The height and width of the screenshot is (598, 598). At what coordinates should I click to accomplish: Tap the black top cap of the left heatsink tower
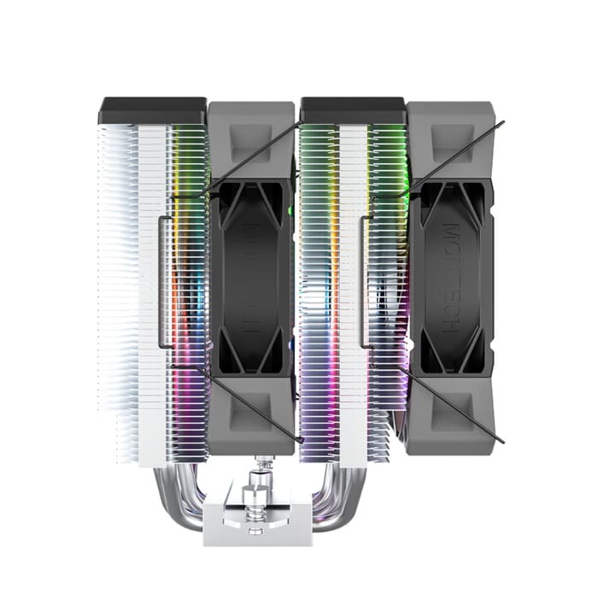click(x=153, y=110)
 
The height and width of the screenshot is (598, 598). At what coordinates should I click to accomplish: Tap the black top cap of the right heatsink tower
click(x=352, y=110)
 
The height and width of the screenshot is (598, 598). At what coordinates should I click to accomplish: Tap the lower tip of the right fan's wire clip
click(x=502, y=441)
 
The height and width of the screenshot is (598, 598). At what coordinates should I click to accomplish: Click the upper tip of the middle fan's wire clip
click(x=301, y=124)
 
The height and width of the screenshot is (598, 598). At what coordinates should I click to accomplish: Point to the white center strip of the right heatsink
click(x=352, y=282)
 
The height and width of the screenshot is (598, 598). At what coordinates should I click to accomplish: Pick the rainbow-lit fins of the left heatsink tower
click(x=188, y=282)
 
